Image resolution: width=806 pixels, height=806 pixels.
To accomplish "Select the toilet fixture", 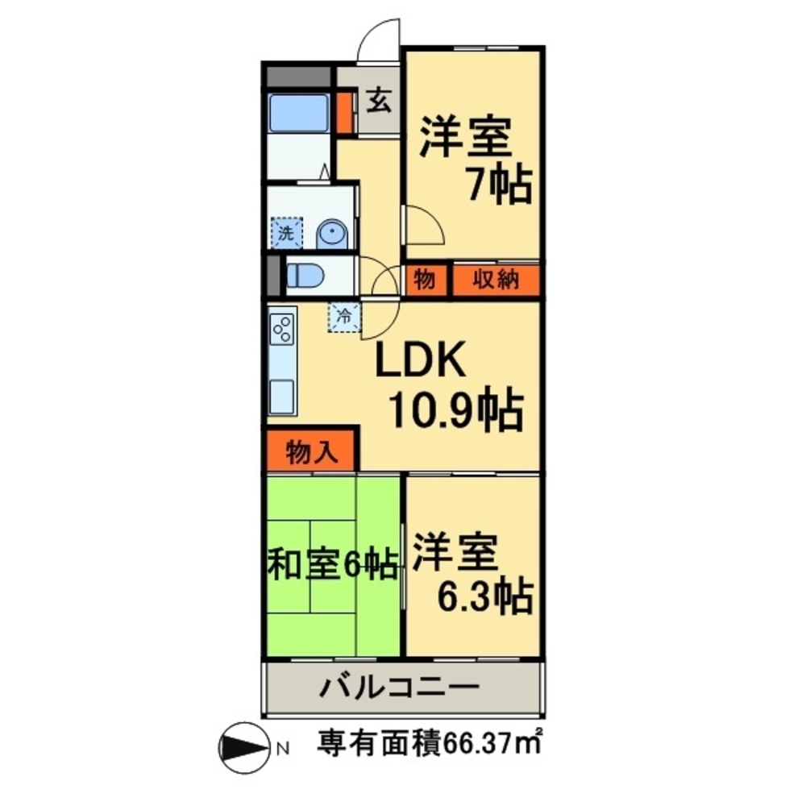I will click(304, 276).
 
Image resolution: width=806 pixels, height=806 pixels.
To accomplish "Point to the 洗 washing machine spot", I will click(286, 233).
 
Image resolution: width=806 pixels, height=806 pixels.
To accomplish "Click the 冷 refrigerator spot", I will click(343, 315).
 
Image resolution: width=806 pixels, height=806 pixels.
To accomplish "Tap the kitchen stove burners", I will click(283, 328).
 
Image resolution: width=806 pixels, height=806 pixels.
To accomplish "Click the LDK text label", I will click(418, 363).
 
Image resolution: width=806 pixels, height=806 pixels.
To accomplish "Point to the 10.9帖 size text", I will click(455, 411).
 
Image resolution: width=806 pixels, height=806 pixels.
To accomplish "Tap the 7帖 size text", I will click(500, 185).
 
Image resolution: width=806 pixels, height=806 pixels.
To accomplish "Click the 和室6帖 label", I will click(333, 564).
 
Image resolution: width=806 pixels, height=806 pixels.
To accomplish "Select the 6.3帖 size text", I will click(484, 596).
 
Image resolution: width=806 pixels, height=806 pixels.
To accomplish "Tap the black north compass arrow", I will click(245, 746).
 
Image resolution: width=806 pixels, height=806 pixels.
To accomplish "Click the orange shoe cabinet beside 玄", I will click(344, 113).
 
